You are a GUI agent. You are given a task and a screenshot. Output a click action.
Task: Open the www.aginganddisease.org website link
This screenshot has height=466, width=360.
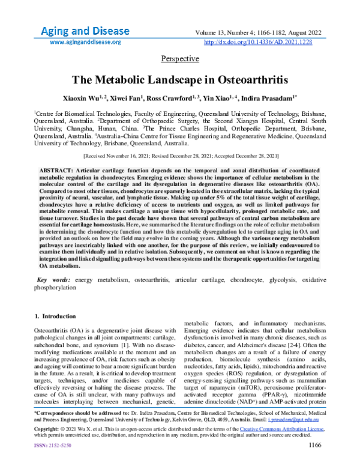(85, 43)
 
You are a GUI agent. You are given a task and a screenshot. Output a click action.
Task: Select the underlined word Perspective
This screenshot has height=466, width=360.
(180, 59)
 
